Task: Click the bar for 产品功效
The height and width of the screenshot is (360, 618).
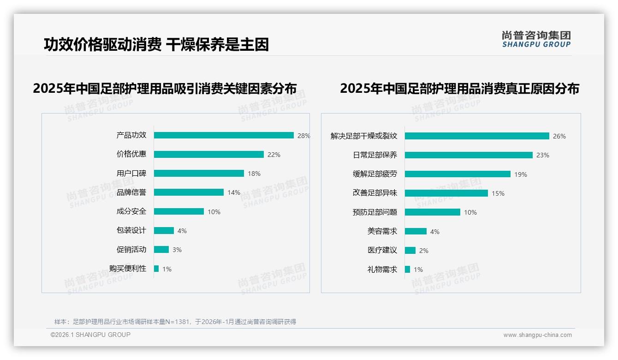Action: [224, 135]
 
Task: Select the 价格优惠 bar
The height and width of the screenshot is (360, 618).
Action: [209, 155]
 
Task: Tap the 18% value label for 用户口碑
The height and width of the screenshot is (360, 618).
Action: [254, 174]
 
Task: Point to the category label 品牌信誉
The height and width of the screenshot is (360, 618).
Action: [131, 192]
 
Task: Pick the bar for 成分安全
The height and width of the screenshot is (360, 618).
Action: [179, 211]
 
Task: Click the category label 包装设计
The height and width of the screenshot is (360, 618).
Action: [131, 230]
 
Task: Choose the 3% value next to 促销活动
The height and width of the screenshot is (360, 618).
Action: [177, 250]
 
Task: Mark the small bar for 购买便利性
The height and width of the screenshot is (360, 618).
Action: [156, 269]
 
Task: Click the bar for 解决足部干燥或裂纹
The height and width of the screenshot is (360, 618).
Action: [477, 136]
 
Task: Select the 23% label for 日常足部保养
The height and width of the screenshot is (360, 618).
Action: [543, 155]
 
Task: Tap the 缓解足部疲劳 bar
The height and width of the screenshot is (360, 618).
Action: [458, 174]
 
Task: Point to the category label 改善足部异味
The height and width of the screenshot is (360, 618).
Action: [374, 193]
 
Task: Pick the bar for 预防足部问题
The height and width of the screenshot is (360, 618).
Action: [433, 212]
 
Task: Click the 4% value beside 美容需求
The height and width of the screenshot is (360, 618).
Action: [435, 232]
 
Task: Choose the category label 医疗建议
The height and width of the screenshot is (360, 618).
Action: [382, 250]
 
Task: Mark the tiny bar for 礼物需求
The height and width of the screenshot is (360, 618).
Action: [407, 270]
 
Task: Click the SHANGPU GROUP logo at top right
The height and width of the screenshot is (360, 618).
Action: [536, 39]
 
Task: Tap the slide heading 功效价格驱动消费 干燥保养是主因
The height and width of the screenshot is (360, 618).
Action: [156, 44]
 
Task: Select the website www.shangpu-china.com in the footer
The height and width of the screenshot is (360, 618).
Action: [537, 335]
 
